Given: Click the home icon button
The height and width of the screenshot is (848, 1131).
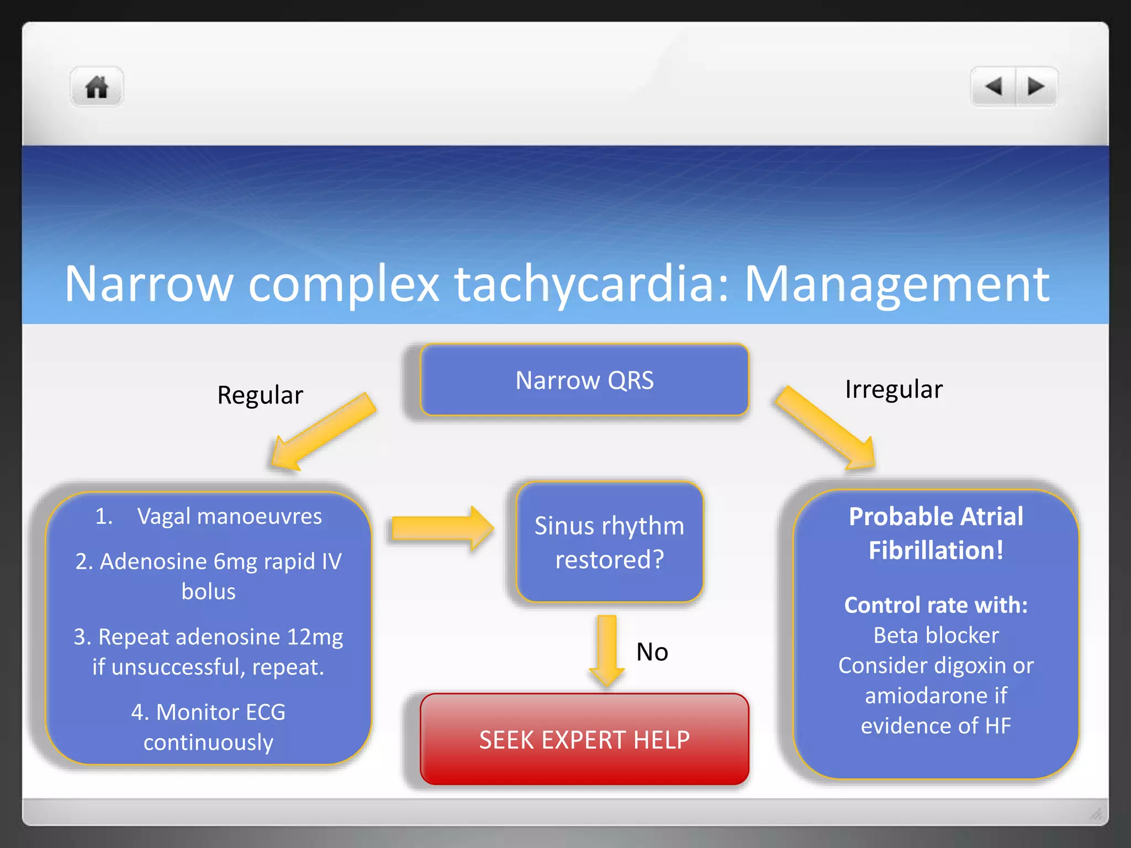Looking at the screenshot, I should click(97, 87).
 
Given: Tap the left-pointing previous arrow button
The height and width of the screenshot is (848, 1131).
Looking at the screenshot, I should click(993, 87).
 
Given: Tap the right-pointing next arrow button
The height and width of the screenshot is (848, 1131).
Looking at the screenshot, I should click(1035, 87).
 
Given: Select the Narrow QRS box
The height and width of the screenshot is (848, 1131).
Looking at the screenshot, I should click(584, 380).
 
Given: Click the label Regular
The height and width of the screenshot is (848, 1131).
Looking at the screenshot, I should click(260, 395).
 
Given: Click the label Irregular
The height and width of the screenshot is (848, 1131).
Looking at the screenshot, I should click(894, 389).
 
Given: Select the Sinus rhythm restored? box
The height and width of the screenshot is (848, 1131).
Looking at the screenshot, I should click(609, 542).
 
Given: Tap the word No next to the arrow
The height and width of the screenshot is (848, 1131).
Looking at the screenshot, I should click(652, 652).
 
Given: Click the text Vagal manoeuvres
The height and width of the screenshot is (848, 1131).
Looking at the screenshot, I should click(229, 517).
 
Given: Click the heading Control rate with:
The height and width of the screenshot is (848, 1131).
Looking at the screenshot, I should click(936, 605).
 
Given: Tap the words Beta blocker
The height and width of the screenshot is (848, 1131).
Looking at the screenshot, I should click(936, 635).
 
